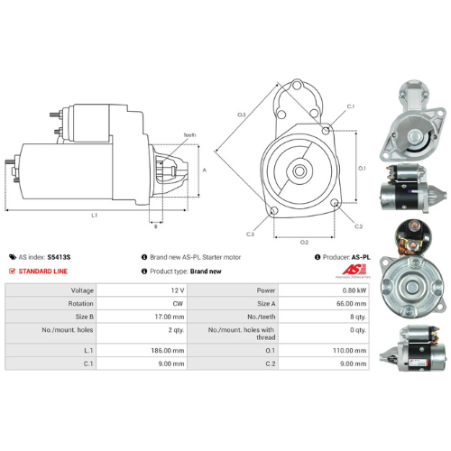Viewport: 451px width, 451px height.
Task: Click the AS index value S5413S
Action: point(59,257)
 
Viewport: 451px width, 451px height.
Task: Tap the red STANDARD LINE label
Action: point(43,271)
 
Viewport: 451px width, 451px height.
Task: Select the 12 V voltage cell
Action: point(176,290)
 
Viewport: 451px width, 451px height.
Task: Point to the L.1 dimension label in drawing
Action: point(94,216)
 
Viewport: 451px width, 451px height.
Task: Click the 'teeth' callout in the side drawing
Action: point(189,134)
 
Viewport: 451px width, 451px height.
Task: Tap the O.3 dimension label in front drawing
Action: point(242,115)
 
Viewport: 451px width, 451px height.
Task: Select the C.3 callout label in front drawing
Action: point(250,235)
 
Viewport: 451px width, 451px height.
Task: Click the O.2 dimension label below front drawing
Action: point(305,242)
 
